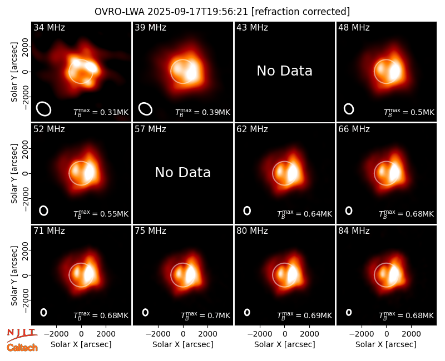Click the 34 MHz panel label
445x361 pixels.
[x=49, y=27]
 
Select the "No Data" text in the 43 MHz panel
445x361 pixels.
[x=285, y=71]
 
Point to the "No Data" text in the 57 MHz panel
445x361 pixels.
[x=183, y=172]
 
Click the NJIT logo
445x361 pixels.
[x=22, y=335]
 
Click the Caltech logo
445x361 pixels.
[x=22, y=348]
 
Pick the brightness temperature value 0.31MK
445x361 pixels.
[x=115, y=112]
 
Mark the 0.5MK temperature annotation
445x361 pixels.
[x=422, y=113]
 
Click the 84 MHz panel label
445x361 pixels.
[x=354, y=231]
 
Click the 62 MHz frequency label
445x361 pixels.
[x=253, y=129]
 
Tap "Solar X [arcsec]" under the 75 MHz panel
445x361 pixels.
[x=183, y=344]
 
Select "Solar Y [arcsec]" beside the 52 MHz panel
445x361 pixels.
[x=14, y=173]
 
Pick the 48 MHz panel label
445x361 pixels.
[x=354, y=27]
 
